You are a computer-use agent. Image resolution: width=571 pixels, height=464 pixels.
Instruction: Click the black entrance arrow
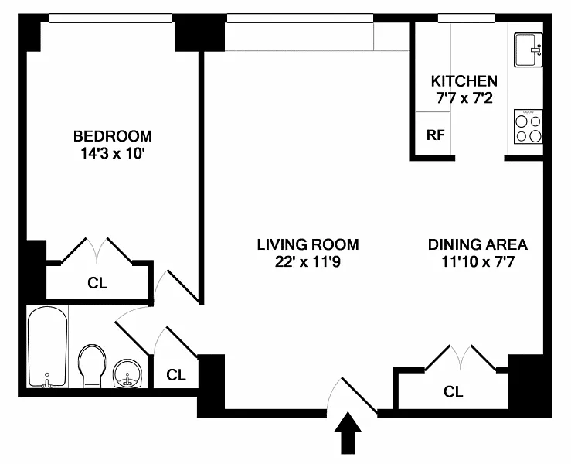348,433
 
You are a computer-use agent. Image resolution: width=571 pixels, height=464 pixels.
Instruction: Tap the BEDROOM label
113,136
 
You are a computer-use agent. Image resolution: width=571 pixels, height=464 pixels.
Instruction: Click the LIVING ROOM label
308,244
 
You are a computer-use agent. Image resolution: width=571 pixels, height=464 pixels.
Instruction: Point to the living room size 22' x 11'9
308,262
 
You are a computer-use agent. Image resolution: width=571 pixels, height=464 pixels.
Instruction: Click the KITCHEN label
464,81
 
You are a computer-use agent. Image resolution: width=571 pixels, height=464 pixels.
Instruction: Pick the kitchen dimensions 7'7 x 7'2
464,98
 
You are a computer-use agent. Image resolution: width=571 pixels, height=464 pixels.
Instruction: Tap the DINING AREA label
478,244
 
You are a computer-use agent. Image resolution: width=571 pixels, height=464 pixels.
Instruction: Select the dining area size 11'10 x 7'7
478,262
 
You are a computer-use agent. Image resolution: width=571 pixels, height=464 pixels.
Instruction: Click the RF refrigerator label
436,135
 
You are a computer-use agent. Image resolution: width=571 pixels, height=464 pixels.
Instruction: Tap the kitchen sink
529,49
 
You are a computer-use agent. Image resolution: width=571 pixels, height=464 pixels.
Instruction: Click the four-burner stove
529,126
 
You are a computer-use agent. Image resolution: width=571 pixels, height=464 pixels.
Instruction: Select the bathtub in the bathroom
47,347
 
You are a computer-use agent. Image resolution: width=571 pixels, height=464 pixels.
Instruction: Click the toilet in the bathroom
92,367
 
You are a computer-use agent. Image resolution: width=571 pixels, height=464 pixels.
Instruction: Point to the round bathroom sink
127,374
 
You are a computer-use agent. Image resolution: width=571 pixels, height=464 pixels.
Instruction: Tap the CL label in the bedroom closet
97,283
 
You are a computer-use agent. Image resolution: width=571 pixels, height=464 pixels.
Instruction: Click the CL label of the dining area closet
454,392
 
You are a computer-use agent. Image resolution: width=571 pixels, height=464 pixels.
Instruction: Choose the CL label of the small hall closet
176,375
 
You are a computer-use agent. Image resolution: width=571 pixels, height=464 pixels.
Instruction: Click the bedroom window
110,19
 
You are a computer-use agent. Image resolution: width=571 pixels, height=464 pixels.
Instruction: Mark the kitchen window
466,19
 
